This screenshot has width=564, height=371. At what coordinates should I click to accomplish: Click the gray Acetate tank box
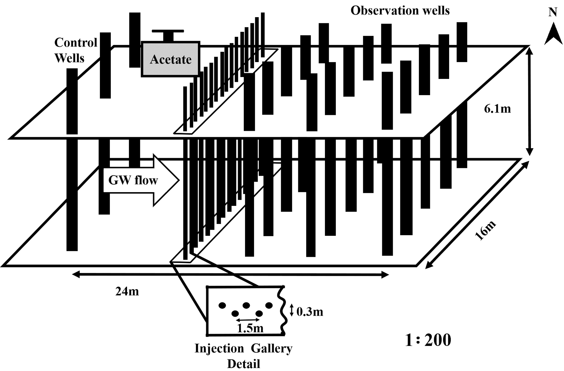(171, 59)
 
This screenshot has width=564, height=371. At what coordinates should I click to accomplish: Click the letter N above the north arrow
(553, 12)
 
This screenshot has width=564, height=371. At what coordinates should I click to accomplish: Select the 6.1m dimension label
(497, 109)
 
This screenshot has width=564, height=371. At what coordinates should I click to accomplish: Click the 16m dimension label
(485, 230)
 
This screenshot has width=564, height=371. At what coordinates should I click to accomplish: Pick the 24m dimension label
(127, 291)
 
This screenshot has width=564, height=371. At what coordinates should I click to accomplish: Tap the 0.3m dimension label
(310, 312)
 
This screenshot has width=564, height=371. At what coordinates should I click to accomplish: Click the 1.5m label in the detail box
(250, 328)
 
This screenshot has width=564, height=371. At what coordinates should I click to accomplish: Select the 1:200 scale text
(428, 340)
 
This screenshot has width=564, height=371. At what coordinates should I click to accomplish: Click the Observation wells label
(400, 10)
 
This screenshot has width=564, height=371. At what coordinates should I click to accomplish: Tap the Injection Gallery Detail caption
(243, 356)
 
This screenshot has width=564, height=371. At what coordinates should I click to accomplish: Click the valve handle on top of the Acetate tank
(168, 31)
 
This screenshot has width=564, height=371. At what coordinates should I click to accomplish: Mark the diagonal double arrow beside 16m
(477, 215)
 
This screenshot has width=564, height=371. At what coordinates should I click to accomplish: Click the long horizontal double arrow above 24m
(230, 275)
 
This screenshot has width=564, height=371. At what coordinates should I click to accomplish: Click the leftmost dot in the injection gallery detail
(222, 305)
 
